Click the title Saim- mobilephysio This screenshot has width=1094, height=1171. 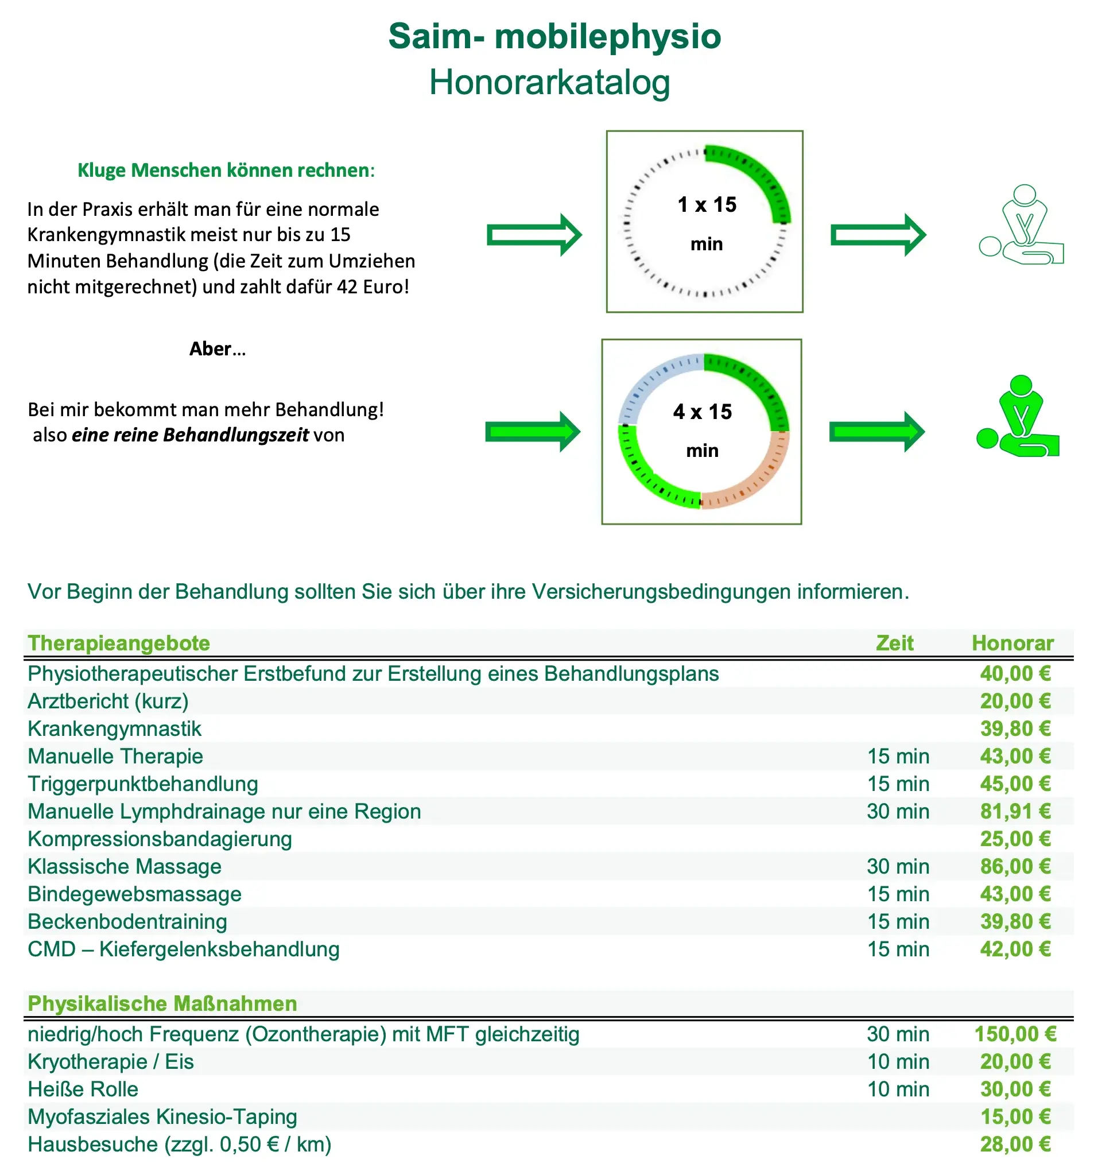point(554,37)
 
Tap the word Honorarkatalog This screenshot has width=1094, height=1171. point(549,83)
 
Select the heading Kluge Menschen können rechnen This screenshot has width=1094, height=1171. point(226,170)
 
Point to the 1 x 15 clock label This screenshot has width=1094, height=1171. point(707,205)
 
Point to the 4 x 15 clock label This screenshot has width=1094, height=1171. point(702,412)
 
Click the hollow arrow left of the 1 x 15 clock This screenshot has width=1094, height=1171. point(534,235)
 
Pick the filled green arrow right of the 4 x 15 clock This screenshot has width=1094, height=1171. point(876,432)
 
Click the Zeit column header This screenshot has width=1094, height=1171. point(894,643)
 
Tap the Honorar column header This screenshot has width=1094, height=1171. point(1012,643)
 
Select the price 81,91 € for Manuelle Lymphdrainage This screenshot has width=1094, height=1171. point(1014,811)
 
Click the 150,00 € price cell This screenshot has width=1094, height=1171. point(1014,1034)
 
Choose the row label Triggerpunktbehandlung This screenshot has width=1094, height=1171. point(142,784)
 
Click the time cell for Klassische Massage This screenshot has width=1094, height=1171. point(897,866)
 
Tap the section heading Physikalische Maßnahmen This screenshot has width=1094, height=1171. point(162,1003)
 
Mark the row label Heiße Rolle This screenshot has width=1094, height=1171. point(83,1088)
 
